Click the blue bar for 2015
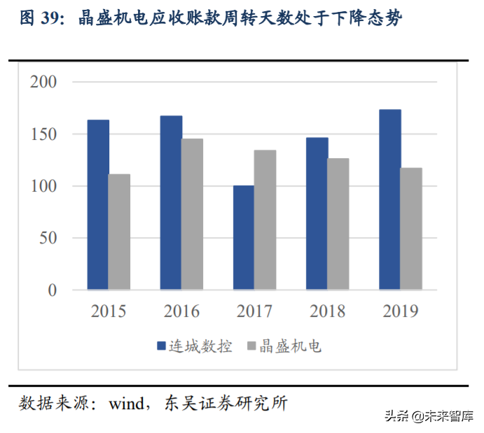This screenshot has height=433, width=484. pyautogui.click(x=98, y=204)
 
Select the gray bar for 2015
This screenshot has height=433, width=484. pyautogui.click(x=119, y=232)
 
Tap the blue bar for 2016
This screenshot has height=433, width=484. pyautogui.click(x=171, y=203)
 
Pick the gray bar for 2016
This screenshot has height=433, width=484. pyautogui.click(x=192, y=214)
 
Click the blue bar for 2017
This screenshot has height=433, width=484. pyautogui.click(x=244, y=237)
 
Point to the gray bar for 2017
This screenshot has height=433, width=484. pyautogui.click(x=265, y=220)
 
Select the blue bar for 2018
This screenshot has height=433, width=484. pyautogui.click(x=317, y=213)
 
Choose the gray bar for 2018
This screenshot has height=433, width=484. pyautogui.click(x=338, y=224)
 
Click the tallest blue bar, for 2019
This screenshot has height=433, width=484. pyautogui.click(x=389, y=199)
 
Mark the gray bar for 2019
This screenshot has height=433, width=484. pyautogui.click(x=411, y=229)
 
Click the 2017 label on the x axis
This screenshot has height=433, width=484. pyautogui.click(x=254, y=311)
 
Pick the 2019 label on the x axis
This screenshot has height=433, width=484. pyautogui.click(x=400, y=311)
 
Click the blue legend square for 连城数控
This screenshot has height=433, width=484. pyautogui.click(x=160, y=346)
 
